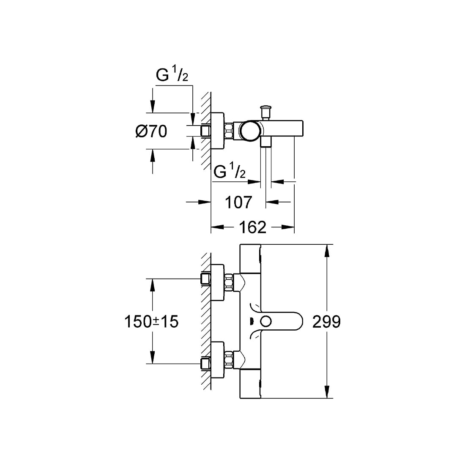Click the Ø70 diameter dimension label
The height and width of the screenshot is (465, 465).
(151, 131)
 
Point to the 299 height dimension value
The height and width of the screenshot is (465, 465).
(326, 322)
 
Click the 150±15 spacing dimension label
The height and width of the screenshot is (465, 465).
(151, 322)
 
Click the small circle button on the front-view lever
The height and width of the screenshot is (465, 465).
(266, 321)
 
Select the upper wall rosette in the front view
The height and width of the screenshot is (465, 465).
(219, 278)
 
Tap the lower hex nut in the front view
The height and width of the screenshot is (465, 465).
(230, 359)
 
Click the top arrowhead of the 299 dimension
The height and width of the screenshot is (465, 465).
(327, 250)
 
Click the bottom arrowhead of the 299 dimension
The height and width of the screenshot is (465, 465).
(327, 393)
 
